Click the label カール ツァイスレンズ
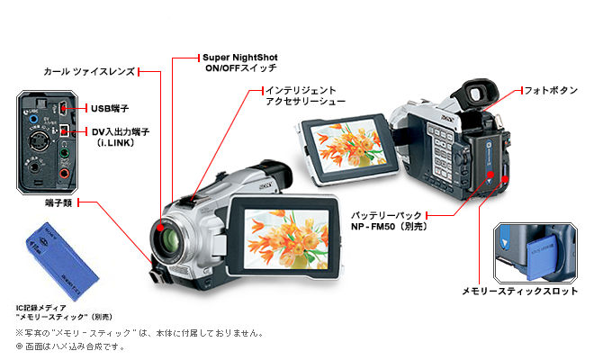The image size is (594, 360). tap(90, 70)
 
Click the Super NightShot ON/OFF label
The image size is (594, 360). tap(240, 62)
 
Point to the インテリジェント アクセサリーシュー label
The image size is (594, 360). tap(301, 95)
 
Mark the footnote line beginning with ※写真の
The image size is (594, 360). tap(139, 333)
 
